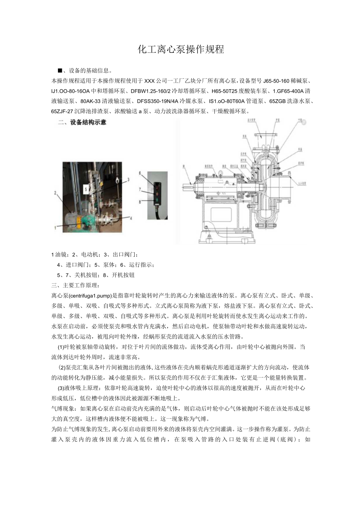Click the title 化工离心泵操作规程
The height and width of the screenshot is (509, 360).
(x=181, y=49)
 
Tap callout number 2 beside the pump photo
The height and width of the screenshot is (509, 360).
(x=56, y=192)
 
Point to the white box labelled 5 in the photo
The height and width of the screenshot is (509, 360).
(x=86, y=189)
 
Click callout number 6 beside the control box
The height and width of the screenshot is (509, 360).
(x=139, y=173)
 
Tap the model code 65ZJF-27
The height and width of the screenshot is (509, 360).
(x=62, y=111)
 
